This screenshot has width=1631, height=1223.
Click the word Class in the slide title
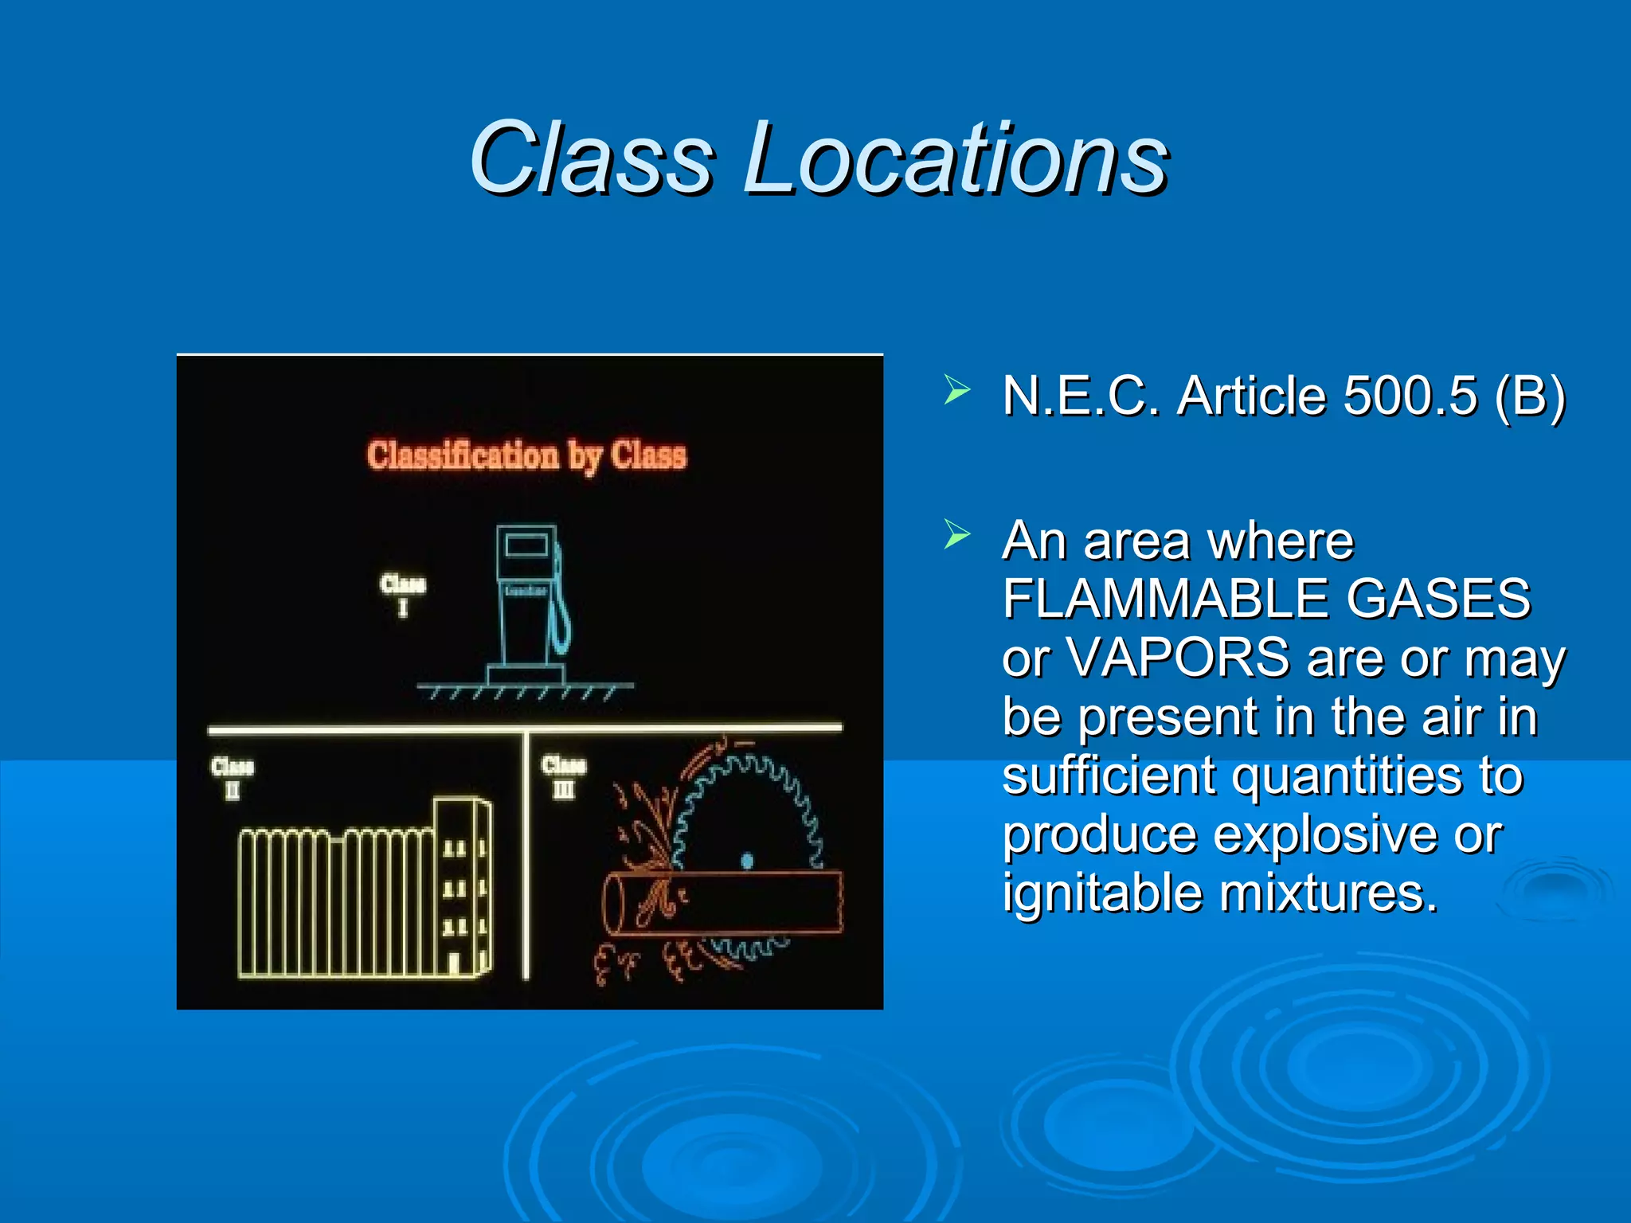click(x=591, y=157)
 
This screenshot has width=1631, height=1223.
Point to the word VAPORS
click(x=1177, y=658)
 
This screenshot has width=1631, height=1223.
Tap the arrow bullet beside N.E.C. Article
click(x=956, y=391)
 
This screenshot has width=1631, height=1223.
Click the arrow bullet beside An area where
click(x=956, y=534)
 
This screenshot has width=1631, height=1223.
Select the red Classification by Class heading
click(x=526, y=456)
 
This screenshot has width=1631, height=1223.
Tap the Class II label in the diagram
click(x=232, y=777)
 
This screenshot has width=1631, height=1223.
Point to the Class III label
click(x=564, y=776)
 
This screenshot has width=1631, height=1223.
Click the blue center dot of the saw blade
click(x=747, y=860)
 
